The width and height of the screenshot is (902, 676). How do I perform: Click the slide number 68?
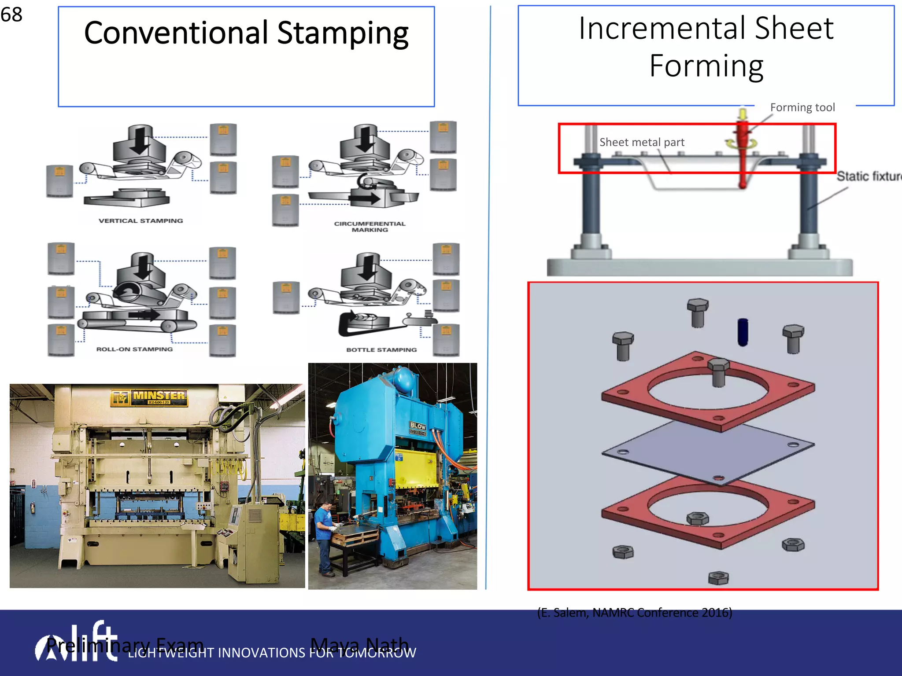pos(11,15)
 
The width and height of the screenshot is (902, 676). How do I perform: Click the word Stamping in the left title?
pos(343,33)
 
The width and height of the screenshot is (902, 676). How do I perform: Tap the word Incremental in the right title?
pos(662,29)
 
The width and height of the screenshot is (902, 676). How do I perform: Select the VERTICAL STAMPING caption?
pos(140,220)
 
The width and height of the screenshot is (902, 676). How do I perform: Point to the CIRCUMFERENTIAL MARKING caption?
pos(370,226)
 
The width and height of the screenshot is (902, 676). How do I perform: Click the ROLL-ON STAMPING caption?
pos(134,349)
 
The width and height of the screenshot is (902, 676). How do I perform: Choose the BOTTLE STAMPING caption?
pos(381,349)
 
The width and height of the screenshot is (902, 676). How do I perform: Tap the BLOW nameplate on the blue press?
pos(418,426)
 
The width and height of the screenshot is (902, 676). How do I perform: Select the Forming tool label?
pos(802,107)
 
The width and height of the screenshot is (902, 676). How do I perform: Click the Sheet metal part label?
pos(641,142)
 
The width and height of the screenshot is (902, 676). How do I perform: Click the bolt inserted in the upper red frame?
pos(718,372)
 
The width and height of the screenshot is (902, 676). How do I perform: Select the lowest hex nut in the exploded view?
pos(718,577)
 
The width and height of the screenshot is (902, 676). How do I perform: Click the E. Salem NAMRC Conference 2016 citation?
pos(634,612)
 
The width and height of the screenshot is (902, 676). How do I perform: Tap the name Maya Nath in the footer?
pos(359,645)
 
